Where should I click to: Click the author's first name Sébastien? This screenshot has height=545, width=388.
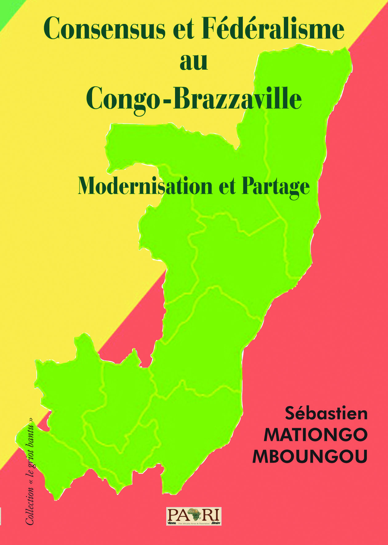click(326, 413)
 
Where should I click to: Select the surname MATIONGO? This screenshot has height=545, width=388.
click(316, 435)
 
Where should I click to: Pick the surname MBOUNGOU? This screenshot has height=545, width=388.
click(310, 456)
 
